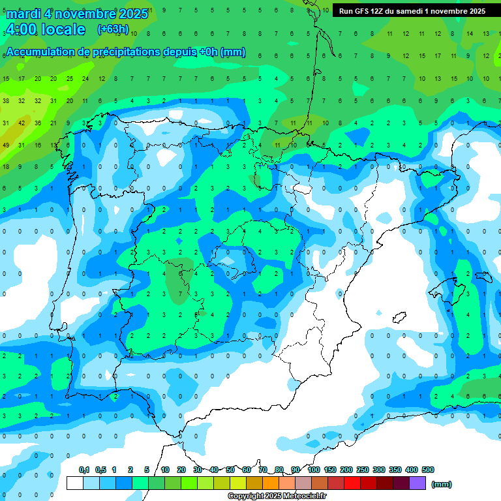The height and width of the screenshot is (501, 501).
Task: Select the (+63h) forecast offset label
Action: point(113,29)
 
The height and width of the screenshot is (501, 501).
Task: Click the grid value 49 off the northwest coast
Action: point(6,145)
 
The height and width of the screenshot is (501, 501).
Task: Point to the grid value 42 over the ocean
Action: point(22,123)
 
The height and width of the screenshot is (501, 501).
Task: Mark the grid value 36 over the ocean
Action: point(37,123)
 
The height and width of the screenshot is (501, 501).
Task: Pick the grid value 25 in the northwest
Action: point(69,79)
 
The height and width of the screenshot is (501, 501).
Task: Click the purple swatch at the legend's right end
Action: point(417,483)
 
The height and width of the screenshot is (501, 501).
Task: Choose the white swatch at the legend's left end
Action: point(75,483)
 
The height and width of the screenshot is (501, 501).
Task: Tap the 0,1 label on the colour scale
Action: point(84,470)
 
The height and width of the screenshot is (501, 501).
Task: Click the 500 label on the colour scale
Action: point(428,470)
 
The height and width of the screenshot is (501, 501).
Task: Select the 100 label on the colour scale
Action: point(314,470)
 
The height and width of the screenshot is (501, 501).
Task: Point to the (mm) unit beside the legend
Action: point(442,484)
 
